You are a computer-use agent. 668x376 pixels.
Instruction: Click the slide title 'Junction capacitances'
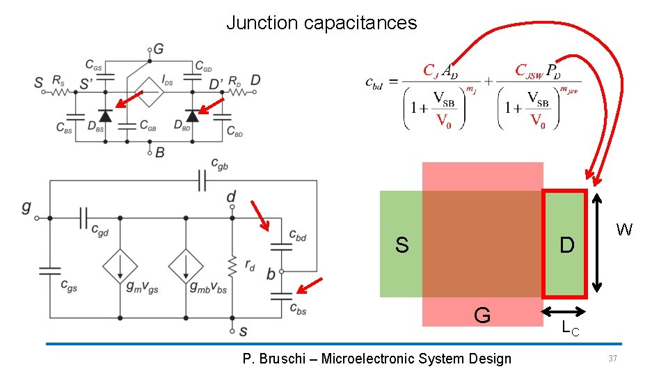click(321, 23)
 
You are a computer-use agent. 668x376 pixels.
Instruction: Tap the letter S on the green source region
click(401, 245)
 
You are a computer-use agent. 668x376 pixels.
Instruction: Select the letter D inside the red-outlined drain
click(567, 245)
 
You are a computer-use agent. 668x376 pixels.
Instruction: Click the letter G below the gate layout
click(482, 316)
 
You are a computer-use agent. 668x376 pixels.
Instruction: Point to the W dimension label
click(624, 230)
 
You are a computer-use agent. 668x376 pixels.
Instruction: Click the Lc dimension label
click(571, 329)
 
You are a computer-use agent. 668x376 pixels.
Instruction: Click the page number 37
click(613, 358)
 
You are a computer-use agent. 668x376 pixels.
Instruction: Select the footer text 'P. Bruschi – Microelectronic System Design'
click(376, 359)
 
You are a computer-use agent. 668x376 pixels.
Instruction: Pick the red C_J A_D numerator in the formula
click(440, 70)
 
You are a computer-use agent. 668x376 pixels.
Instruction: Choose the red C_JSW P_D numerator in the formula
click(536, 70)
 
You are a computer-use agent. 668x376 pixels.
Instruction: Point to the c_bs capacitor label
click(296, 309)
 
